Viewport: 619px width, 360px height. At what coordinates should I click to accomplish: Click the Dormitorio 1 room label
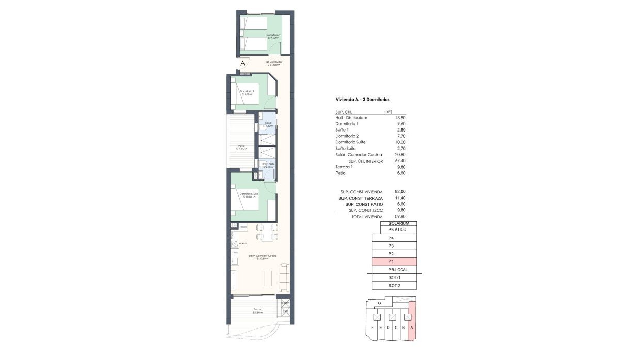[x=273, y=36]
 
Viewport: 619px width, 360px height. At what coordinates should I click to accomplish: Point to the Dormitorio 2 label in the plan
[x=247, y=93]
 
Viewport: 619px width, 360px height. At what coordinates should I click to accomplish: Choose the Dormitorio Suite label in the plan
[x=249, y=195]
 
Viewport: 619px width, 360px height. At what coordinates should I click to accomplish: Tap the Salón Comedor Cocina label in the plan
[x=263, y=257]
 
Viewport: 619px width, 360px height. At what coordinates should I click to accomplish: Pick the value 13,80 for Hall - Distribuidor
[x=400, y=118]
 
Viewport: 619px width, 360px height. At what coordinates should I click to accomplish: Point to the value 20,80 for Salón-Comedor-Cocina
[x=400, y=155]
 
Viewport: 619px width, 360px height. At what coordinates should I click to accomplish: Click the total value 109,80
[x=399, y=217]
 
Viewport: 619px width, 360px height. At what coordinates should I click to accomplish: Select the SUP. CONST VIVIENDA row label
[x=360, y=192]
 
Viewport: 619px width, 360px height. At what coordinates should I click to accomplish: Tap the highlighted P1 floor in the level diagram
[x=394, y=262]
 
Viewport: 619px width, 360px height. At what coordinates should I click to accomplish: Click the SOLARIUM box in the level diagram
[x=399, y=223]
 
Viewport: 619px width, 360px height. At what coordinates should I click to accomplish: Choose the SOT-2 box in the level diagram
[x=394, y=286]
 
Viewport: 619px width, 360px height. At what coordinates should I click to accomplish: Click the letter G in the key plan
[x=379, y=303]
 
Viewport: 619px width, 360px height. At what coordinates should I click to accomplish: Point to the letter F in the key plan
[x=372, y=328]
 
